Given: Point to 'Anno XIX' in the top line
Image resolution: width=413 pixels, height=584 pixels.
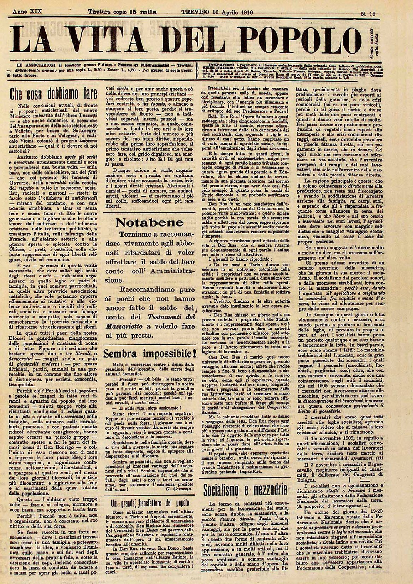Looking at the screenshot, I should [x=28, y=2].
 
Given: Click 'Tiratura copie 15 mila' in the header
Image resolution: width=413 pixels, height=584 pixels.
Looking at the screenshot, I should [x=122, y=3].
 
